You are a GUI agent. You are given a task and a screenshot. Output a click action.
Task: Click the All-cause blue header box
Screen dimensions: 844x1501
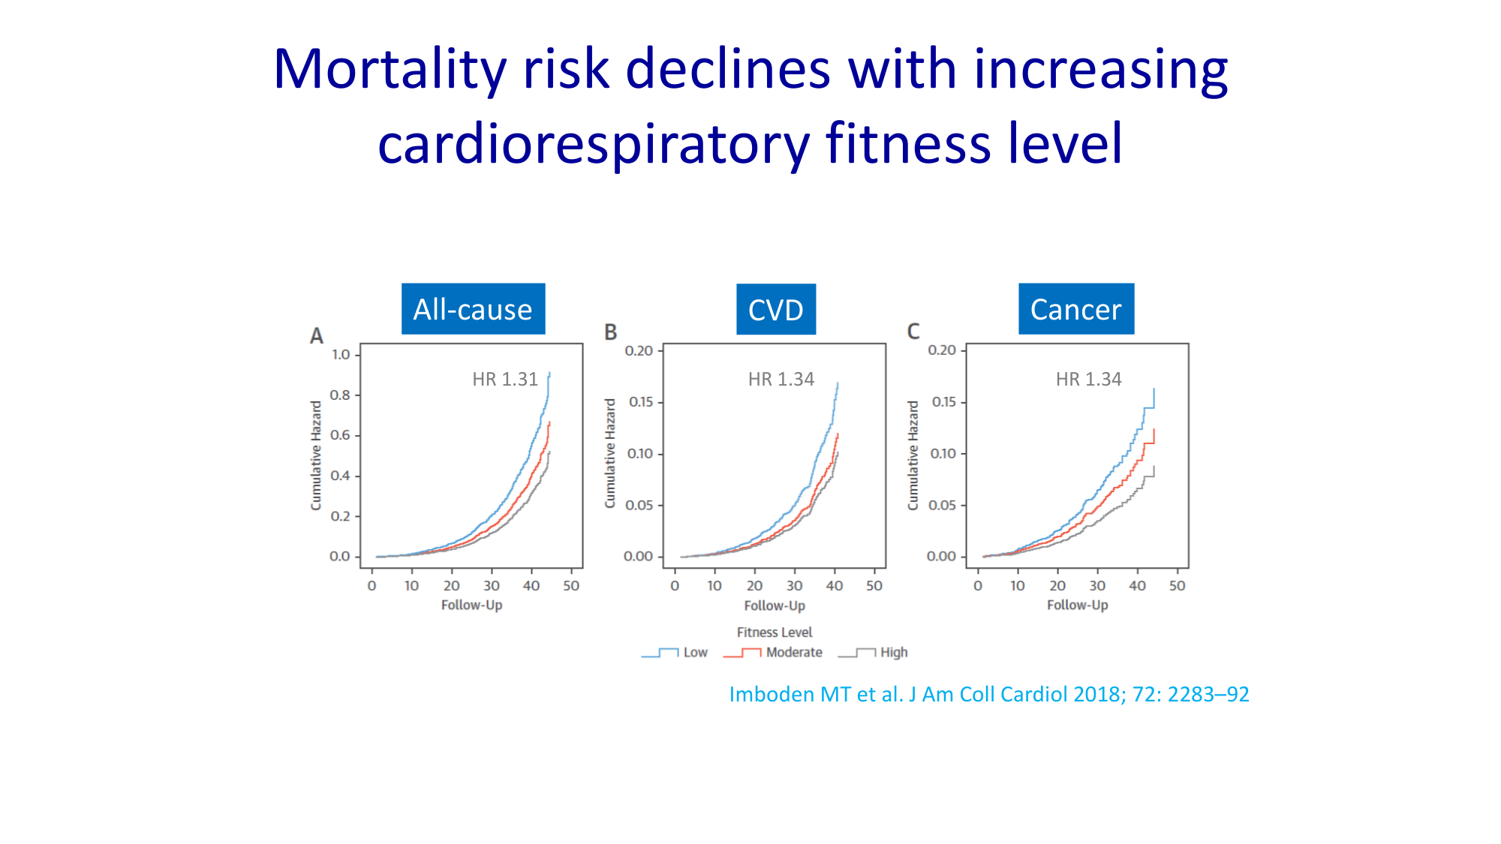[x=473, y=309]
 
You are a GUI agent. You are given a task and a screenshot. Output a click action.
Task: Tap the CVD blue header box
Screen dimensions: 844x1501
[x=775, y=309]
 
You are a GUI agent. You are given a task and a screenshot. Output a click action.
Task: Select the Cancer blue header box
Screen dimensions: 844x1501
[x=1075, y=309]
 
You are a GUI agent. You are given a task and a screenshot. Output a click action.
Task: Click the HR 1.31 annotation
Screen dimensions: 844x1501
[x=505, y=380]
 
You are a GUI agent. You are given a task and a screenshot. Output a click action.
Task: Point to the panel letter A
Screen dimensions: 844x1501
[x=317, y=336]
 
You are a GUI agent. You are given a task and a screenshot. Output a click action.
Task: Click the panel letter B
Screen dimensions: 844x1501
[x=611, y=332]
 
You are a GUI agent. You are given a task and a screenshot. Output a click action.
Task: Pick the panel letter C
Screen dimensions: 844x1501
[x=913, y=332]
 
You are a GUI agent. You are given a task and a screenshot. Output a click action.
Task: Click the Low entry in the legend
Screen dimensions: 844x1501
[x=695, y=653]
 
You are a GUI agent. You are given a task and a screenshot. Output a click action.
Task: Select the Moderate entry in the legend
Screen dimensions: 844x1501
[x=793, y=653]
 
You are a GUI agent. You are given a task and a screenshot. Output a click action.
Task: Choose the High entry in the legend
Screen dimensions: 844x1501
[x=893, y=653]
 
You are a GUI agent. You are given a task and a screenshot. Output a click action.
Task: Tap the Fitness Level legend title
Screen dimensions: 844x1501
[x=775, y=632]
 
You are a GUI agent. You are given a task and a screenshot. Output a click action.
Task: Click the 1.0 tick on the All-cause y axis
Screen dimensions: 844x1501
[x=341, y=354]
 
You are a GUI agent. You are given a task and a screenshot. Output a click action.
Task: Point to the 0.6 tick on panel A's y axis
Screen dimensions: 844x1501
[x=341, y=435]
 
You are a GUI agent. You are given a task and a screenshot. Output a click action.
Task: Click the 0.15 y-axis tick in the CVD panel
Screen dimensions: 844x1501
[x=640, y=402]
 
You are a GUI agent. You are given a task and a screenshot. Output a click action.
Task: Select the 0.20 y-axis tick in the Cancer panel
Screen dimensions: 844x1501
[x=942, y=350]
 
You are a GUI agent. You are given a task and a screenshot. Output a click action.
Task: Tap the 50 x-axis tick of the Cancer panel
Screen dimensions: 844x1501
[x=1177, y=586]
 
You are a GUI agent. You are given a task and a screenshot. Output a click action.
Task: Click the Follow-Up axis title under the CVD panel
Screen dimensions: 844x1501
[x=775, y=605]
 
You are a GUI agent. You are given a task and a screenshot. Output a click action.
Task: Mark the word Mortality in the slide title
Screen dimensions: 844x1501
[x=390, y=70]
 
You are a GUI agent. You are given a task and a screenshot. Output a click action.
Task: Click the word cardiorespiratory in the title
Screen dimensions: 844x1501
[x=593, y=144]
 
